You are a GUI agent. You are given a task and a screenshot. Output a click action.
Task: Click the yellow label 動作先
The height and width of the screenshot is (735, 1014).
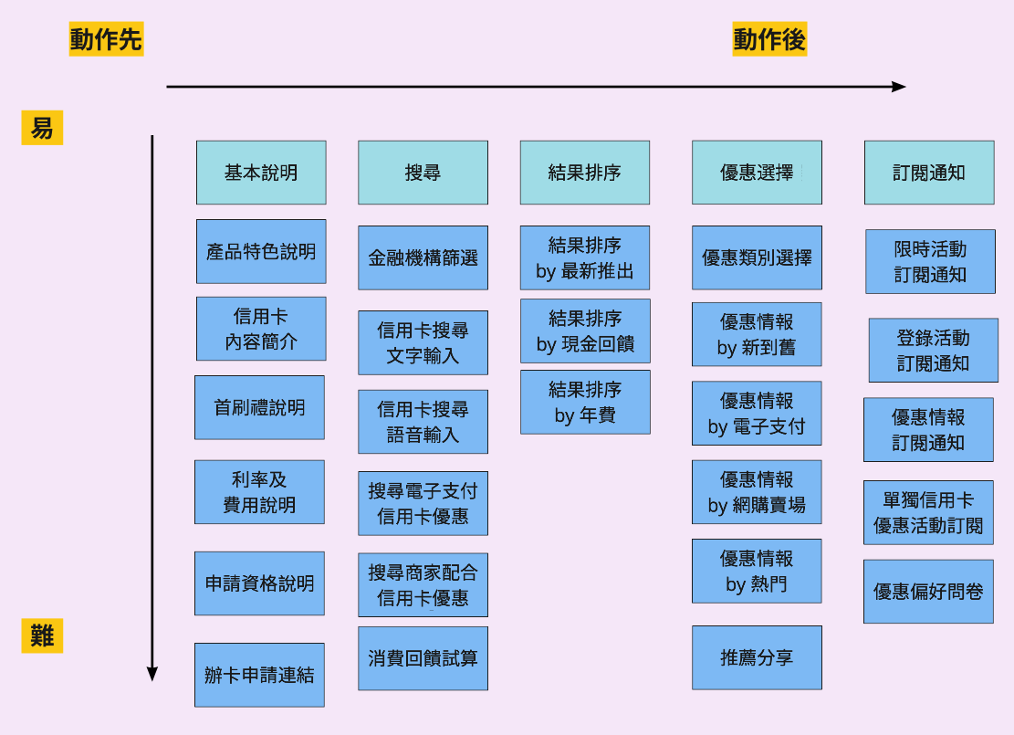click(x=106, y=40)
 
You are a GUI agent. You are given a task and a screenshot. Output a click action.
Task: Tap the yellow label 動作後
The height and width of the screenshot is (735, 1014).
click(x=769, y=40)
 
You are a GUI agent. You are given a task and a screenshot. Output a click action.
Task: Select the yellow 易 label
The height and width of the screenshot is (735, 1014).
click(x=42, y=129)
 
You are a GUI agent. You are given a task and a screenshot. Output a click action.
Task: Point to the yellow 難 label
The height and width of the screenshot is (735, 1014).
click(x=42, y=635)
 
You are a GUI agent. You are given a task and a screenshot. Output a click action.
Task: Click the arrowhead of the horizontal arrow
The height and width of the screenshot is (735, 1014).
click(x=900, y=87)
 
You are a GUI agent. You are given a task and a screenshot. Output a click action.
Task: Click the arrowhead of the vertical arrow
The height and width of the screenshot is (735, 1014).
click(x=152, y=675)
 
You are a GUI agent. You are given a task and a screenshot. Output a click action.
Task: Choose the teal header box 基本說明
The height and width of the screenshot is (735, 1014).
click(x=261, y=173)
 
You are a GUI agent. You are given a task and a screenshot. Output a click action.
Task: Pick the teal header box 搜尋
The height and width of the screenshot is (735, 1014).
click(x=423, y=173)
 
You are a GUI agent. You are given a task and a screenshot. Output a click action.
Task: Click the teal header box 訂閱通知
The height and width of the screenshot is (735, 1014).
click(x=929, y=173)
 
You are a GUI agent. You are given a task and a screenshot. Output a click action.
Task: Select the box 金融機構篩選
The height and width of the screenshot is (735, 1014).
click(x=423, y=258)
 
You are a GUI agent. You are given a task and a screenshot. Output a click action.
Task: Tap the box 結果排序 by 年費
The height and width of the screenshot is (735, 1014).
click(x=585, y=402)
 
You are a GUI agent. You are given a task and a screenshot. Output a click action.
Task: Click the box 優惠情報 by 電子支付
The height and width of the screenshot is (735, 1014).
click(x=757, y=414)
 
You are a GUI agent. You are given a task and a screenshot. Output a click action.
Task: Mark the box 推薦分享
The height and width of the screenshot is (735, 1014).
click(x=757, y=657)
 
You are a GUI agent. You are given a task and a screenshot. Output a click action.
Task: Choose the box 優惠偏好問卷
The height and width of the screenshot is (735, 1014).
click(x=928, y=592)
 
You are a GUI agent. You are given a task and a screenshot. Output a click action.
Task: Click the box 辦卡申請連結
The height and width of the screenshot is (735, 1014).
click(x=259, y=675)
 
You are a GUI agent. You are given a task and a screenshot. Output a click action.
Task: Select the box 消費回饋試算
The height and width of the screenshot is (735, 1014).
click(x=423, y=658)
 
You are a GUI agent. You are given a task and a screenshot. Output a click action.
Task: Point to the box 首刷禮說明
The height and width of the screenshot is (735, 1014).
click(x=259, y=407)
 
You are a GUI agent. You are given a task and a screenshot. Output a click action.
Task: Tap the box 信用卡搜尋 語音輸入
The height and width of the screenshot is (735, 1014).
click(x=423, y=422)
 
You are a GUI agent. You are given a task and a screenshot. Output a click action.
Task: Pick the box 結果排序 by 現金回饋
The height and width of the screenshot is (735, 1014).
click(x=585, y=331)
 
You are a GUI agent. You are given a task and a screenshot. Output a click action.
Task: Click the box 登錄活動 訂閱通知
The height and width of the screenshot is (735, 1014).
click(x=933, y=351)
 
